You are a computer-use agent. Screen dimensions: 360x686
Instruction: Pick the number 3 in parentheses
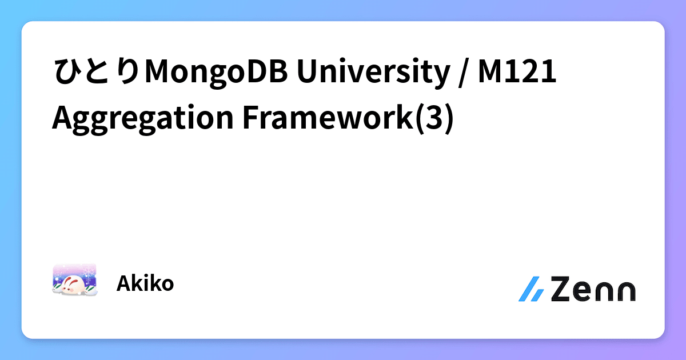pos(434,119)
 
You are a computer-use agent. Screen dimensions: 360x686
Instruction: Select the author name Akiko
pos(145,283)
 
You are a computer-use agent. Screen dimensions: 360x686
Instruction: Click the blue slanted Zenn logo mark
pos(532,289)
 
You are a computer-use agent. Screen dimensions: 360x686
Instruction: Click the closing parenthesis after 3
pos(448,119)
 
